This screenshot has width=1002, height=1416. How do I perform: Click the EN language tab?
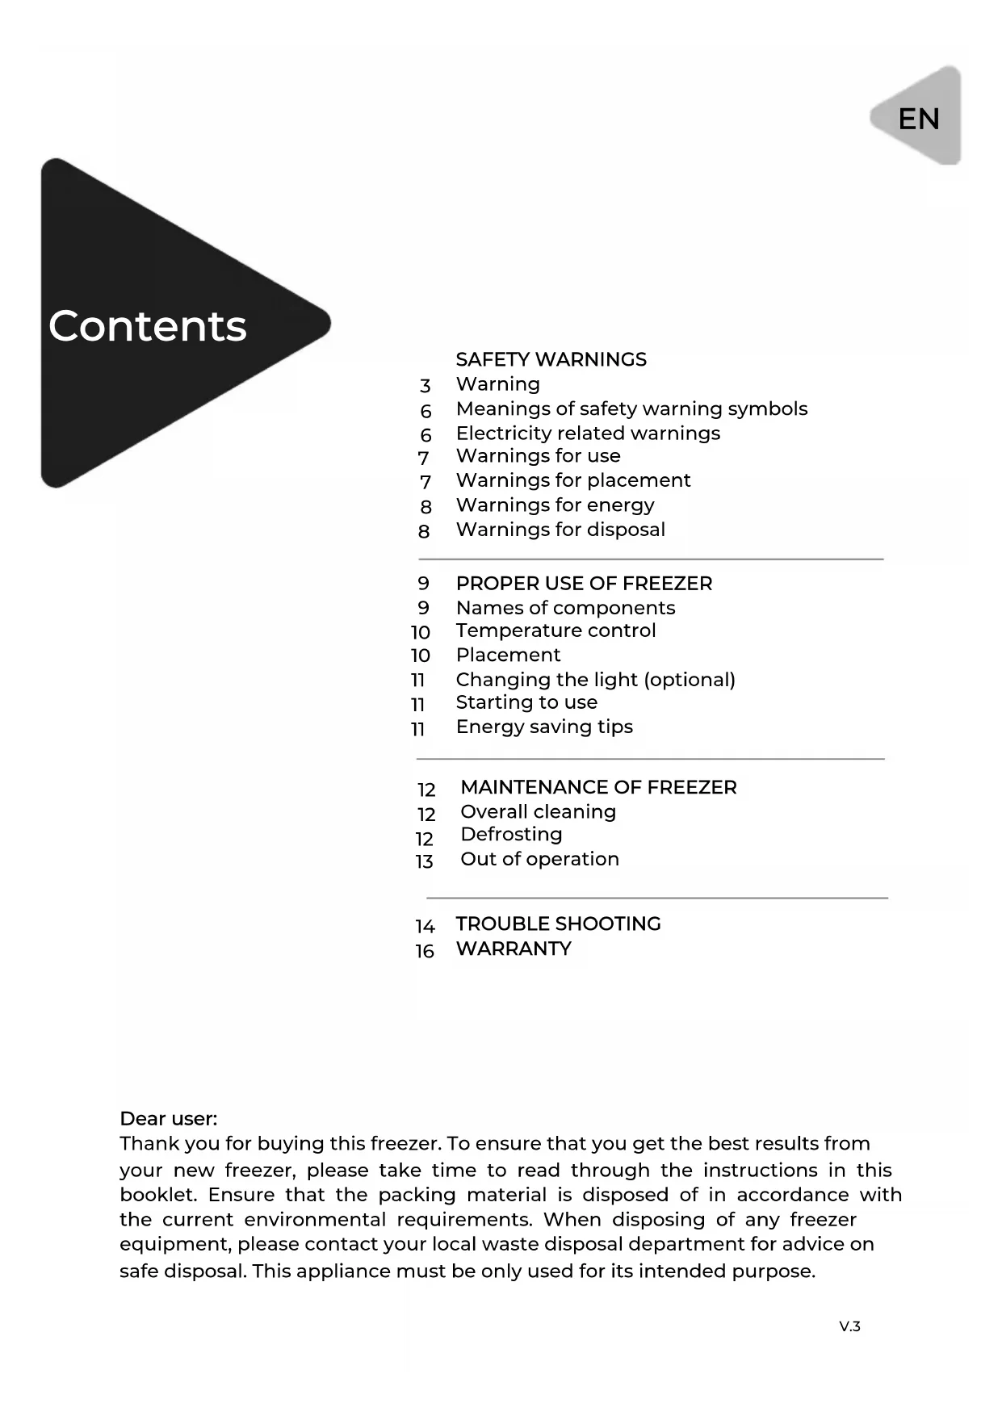918,119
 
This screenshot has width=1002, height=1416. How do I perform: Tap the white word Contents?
148,326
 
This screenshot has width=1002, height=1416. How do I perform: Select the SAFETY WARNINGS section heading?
551,359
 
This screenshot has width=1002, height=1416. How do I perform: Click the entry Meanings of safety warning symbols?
631,408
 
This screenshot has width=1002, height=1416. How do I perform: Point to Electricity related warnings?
588,434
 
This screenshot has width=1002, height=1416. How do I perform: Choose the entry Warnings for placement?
573,480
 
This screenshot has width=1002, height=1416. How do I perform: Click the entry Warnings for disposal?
560,530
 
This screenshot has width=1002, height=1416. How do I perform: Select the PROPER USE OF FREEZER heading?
584,584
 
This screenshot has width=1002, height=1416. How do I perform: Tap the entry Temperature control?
556,630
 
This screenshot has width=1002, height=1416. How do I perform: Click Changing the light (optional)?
595,680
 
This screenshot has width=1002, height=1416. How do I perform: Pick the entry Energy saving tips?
544,727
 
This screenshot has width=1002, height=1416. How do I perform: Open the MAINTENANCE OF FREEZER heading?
598,787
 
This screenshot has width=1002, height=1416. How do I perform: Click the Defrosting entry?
511,834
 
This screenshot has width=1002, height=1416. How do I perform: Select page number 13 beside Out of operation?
425,861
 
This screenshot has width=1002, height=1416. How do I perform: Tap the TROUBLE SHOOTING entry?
558,924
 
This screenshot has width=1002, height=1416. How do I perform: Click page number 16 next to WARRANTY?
425,951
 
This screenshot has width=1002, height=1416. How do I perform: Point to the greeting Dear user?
169,1119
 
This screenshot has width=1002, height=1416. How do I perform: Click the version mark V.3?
849,1326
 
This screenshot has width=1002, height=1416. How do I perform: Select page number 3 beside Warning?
426,386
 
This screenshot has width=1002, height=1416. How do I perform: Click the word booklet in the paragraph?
157,1195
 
